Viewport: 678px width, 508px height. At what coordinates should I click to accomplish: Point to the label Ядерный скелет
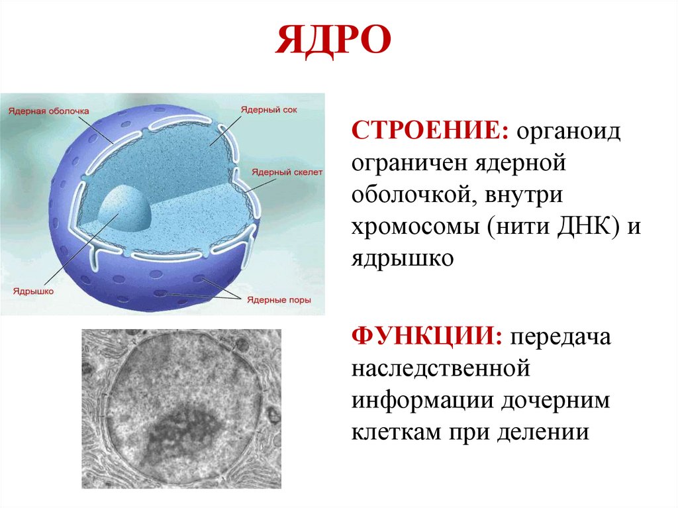[287, 172]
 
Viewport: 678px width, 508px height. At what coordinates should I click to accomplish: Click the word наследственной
[442, 368]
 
